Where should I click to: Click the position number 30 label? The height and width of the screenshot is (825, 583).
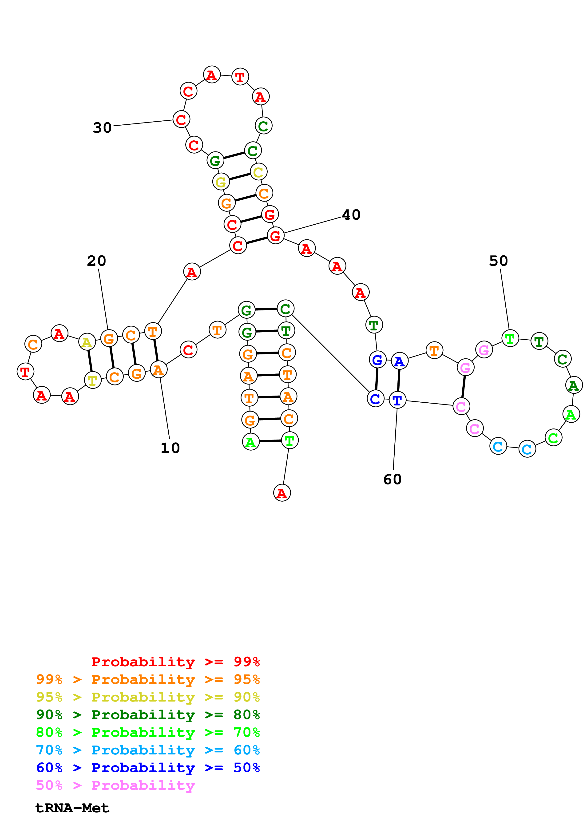point(102,127)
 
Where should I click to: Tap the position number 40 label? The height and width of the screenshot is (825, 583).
point(351,215)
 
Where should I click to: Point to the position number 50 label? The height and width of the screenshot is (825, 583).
point(498,261)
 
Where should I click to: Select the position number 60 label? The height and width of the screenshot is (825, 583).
point(392,479)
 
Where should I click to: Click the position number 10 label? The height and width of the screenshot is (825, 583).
point(170,448)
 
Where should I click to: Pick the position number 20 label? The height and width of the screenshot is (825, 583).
point(96,261)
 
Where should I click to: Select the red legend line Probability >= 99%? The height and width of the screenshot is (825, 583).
point(175,662)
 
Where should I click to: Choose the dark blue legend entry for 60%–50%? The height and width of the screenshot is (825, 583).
point(148,768)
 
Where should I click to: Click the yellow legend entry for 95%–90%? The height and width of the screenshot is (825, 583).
point(148,697)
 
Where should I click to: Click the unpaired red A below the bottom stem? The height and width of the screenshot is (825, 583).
point(282,493)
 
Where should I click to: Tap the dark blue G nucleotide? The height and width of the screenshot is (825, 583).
point(377,359)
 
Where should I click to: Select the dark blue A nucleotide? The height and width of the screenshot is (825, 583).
point(399,361)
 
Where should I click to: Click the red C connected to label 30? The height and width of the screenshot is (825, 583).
point(181,119)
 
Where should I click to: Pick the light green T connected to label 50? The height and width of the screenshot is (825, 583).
point(510,338)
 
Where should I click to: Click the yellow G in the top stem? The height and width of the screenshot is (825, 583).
point(221,182)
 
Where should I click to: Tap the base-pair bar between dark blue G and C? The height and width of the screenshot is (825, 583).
point(377,379)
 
